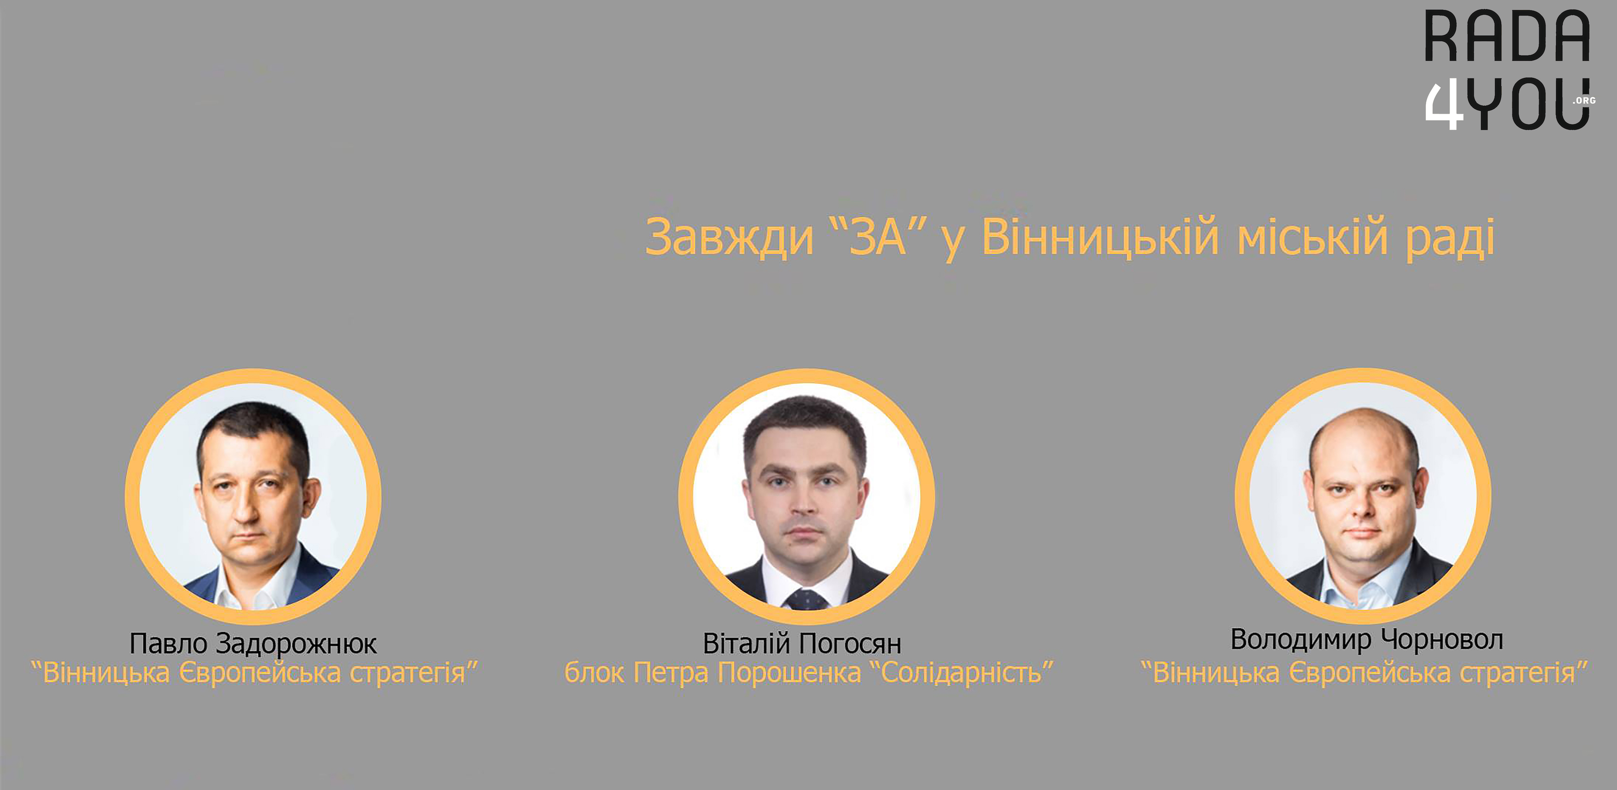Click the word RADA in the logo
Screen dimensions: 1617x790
(x=1507, y=36)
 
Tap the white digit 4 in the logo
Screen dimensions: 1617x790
(x=1444, y=105)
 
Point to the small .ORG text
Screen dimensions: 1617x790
(x=1584, y=100)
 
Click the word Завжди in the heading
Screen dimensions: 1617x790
(x=729, y=237)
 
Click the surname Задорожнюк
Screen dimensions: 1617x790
(x=296, y=644)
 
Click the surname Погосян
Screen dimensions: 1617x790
(x=851, y=644)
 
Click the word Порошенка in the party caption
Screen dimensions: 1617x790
(x=789, y=673)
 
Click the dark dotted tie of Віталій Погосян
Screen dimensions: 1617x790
(x=806, y=599)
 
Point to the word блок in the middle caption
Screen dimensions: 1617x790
(x=594, y=673)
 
